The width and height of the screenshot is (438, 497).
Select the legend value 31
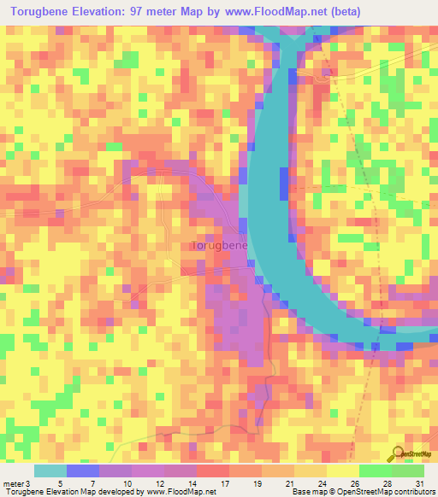(x=418, y=483)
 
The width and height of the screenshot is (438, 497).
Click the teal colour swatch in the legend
(x=50, y=471)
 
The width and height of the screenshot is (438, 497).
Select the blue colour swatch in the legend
(x=82, y=471)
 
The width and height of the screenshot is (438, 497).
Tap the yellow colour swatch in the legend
(x=342, y=471)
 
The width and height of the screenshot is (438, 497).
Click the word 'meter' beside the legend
(x=15, y=483)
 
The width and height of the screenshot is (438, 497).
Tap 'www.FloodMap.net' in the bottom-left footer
(x=183, y=493)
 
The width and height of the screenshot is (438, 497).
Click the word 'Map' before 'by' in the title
(x=210, y=12)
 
